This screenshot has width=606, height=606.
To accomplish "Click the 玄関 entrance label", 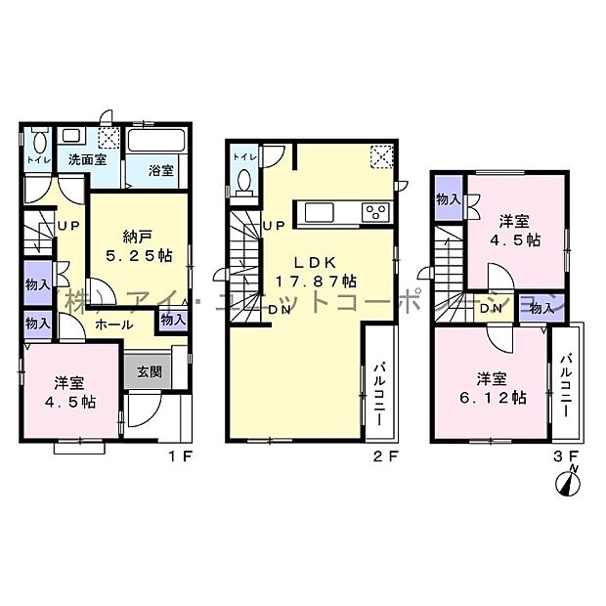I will coord(150,372).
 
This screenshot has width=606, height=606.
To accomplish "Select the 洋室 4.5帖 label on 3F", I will coord(516,230).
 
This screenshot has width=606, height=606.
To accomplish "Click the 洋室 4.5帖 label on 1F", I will coord(74,391).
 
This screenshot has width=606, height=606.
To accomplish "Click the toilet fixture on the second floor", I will coord(245,182).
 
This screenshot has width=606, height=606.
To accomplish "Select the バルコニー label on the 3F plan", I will coord(566,383).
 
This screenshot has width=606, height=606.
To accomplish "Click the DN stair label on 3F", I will coord(493,310).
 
